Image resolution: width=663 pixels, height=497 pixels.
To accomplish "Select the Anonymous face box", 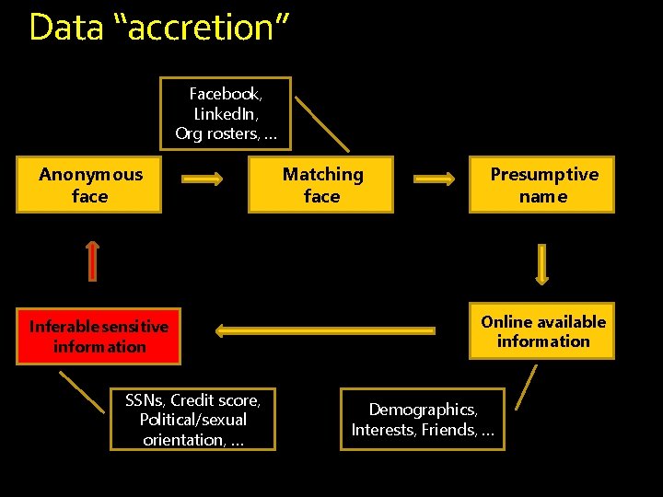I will [x=89, y=185].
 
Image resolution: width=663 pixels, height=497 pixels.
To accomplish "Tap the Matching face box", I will [x=321, y=185].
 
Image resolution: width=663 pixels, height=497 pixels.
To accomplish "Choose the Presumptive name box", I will [x=542, y=185].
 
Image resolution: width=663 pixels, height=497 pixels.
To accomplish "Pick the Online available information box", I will [x=542, y=331].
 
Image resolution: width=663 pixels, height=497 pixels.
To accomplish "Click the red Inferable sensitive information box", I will [x=99, y=337].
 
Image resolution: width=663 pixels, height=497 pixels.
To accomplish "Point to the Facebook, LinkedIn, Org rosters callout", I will [x=225, y=113].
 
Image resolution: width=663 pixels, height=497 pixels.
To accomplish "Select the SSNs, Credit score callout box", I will [x=192, y=420].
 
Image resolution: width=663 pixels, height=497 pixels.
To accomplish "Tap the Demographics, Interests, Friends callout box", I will [x=423, y=420].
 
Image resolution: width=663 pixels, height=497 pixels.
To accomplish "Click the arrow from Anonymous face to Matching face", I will [x=201, y=179].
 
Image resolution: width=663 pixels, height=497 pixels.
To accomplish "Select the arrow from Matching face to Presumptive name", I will [x=431, y=179].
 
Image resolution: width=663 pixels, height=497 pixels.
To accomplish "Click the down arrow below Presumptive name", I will [x=541, y=262].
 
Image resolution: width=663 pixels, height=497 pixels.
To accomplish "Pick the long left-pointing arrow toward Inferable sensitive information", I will [x=324, y=329].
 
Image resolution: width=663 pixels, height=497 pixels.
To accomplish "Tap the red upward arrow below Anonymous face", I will [x=92, y=260].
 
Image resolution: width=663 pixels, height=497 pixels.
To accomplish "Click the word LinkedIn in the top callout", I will [x=225, y=113].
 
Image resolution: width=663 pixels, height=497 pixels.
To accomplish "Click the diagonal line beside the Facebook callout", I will [x=322, y=123].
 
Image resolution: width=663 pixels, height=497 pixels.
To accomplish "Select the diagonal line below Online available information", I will [x=526, y=387].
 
